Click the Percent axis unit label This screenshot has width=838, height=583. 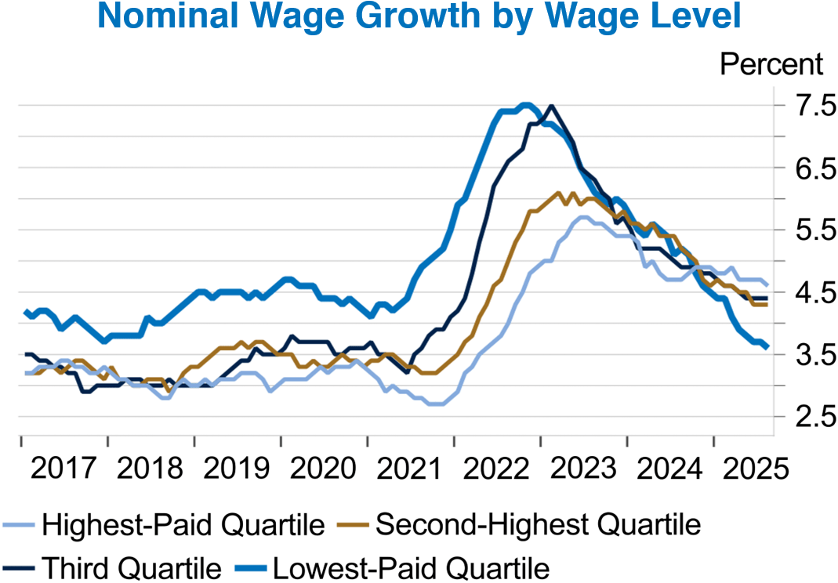(771, 63)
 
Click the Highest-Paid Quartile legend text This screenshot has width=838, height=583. (183, 524)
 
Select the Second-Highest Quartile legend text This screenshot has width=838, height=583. (538, 524)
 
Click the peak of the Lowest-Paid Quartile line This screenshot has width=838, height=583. (525, 104)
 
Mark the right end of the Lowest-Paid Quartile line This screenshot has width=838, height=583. (767, 346)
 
